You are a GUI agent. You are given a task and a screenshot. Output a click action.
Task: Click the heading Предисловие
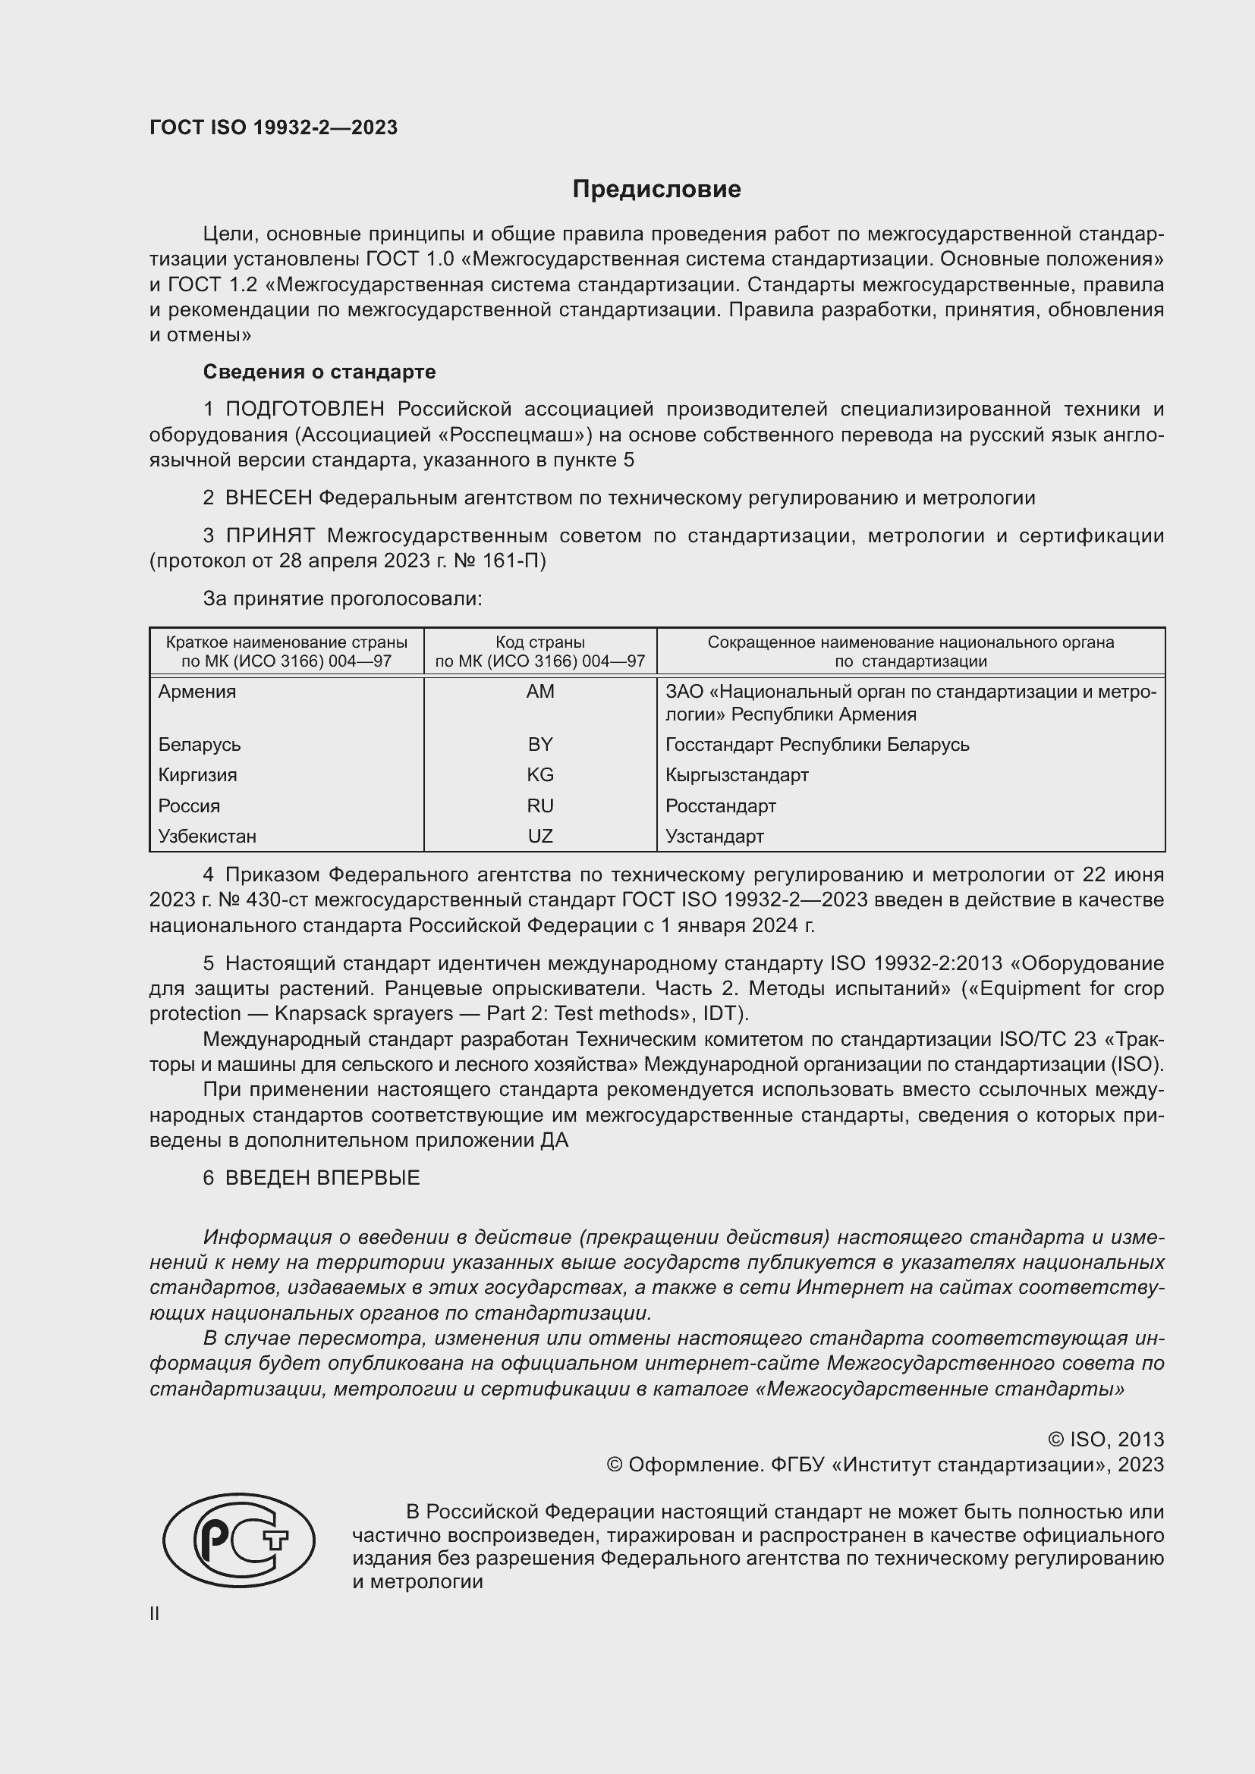point(656,190)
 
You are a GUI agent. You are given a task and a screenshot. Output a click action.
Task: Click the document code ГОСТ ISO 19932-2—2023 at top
point(274,127)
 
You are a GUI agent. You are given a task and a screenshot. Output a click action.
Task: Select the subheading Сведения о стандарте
point(319,372)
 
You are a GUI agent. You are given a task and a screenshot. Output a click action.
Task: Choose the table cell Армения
point(197,692)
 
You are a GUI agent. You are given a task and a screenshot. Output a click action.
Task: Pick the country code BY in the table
point(539,744)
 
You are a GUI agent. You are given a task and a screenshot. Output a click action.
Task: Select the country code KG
point(539,774)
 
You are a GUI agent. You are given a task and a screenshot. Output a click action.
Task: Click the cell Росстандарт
point(720,806)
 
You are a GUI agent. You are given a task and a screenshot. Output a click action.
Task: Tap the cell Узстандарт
point(714,836)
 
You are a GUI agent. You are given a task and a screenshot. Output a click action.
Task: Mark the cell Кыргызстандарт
point(737,774)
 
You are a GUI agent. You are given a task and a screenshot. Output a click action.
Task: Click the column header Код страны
point(539,642)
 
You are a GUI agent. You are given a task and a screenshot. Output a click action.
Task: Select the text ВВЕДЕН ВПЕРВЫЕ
point(322,1178)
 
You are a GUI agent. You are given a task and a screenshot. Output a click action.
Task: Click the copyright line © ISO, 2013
point(1105,1440)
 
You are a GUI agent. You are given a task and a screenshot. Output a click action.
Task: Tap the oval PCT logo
point(239,1540)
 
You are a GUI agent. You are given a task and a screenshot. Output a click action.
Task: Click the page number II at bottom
point(155,1613)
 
